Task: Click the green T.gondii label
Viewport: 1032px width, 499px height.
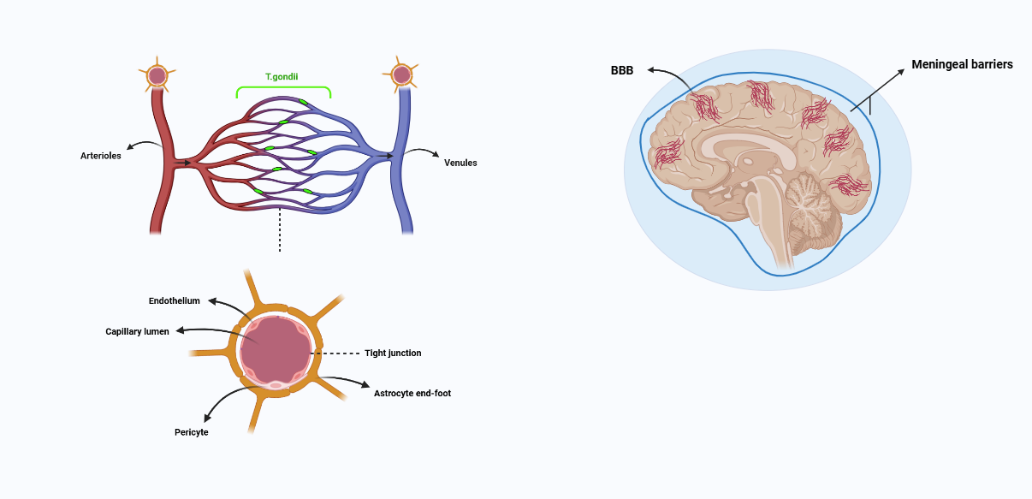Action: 282,76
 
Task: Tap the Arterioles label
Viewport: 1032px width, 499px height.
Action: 101,156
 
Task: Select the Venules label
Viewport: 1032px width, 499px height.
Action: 460,163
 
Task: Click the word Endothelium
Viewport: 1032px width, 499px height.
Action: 174,301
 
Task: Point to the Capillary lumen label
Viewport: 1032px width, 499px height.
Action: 137,331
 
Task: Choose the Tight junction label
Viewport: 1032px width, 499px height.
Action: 393,353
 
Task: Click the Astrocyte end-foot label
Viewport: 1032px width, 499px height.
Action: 412,393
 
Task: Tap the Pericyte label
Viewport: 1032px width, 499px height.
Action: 191,432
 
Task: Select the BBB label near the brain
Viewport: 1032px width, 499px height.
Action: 622,70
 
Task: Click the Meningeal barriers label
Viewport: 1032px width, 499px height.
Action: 962,64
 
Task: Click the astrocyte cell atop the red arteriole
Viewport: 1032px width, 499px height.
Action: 157,75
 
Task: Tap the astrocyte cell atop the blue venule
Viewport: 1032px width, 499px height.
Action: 401,74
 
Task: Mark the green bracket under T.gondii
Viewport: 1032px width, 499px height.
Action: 283,88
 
